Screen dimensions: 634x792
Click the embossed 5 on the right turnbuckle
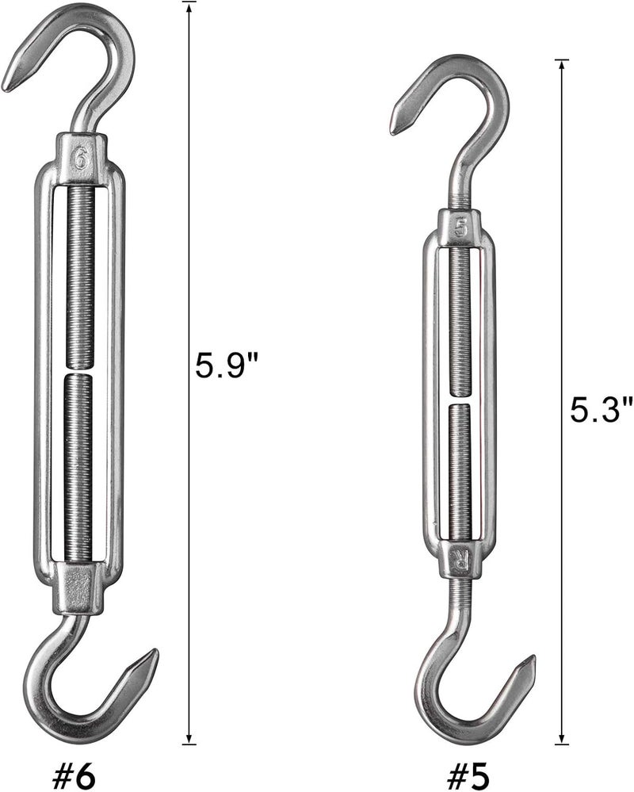click(x=461, y=228)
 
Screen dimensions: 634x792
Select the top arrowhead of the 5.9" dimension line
click(x=189, y=7)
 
